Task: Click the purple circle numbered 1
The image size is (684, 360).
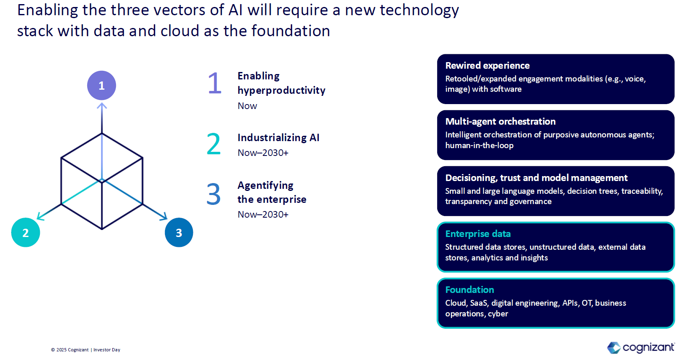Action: [102, 86]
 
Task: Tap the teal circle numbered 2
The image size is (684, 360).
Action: [26, 232]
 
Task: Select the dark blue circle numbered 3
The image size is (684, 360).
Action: [179, 232]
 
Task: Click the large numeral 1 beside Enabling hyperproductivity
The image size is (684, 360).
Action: [214, 83]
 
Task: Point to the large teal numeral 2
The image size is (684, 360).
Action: [213, 144]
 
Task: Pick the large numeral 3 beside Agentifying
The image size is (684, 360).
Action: [213, 194]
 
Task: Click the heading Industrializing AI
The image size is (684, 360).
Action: [278, 138]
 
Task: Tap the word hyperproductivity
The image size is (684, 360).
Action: [282, 91]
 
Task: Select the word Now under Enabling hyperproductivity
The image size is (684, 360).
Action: [247, 106]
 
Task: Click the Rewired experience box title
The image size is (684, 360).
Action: [487, 65]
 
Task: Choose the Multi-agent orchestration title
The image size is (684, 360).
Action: [501, 121]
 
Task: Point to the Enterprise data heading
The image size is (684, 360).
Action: [478, 234]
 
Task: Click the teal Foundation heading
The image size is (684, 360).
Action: [470, 290]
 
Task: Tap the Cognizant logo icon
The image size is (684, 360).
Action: [614, 348]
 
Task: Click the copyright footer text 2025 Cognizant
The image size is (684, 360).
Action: [72, 350]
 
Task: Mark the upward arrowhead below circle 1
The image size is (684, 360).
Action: [102, 106]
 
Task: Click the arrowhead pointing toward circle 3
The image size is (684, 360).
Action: [164, 216]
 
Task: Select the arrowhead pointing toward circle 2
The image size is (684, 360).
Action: [40, 216]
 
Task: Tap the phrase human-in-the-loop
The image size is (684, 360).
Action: [480, 145]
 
